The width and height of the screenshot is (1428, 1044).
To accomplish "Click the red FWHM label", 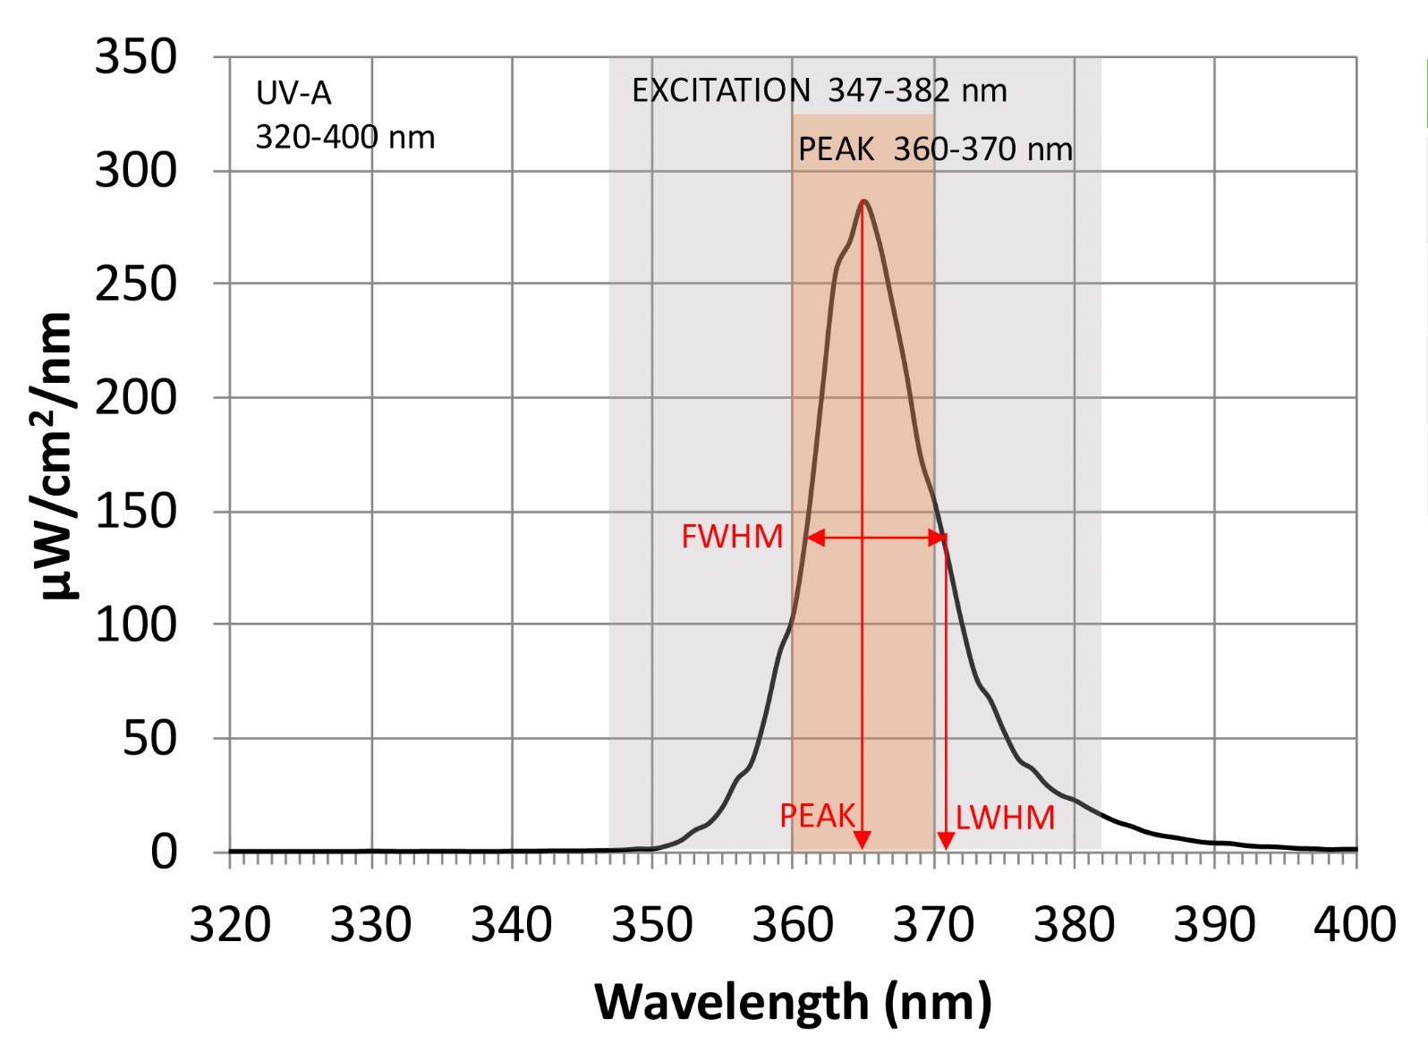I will coord(732,537).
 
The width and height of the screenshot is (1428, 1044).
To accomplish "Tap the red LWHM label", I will coord(1005,818).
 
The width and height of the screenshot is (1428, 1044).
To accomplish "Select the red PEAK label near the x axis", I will coord(818,816).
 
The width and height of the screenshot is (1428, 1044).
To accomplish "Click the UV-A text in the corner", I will coord(293,93).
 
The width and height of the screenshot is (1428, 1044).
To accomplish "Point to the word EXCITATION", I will coord(721,90).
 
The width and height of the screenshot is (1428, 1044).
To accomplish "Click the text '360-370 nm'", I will coord(982,149).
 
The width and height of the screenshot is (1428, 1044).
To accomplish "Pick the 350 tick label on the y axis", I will coord(136,57).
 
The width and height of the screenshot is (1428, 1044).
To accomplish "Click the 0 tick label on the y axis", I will coord(164,852).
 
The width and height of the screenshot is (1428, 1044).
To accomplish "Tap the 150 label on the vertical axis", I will coord(136,512).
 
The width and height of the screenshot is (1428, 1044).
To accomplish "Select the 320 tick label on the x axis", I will coord(230,925).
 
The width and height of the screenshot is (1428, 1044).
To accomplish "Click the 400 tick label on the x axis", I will coord(1355,925).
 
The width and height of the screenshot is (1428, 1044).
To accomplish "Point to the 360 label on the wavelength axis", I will coord(793,925).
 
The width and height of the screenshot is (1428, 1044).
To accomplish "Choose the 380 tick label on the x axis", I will coord(1074,925).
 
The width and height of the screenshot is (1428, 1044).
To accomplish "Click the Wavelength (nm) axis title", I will coord(793,1002).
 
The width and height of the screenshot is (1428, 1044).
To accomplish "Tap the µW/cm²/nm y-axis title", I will coord(55,456).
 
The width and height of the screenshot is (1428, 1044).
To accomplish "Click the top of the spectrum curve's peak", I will coord(863,201).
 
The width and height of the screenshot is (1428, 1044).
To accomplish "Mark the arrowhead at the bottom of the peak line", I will coord(862,840).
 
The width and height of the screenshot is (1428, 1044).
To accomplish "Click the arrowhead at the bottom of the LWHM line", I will coord(946,841).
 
